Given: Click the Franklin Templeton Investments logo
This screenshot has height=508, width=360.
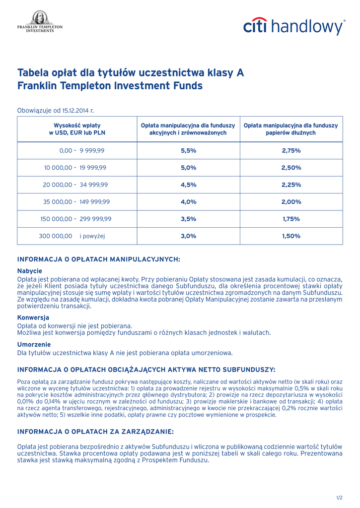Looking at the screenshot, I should pos(40,22).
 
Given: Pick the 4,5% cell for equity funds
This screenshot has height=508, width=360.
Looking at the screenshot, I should pos(188,185).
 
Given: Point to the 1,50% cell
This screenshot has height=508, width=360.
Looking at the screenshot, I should pos(291,236).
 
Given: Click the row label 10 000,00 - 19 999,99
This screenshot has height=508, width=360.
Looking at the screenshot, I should pos(75,168).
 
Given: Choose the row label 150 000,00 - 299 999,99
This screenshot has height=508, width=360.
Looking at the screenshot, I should pos(75,219).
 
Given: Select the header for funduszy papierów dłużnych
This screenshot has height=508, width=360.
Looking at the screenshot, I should pos(290,129).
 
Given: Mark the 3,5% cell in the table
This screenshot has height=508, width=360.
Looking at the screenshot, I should pos(188,219).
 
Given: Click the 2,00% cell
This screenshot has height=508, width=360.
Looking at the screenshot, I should pos(291,202).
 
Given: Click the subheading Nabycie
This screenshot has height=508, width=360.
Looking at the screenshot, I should pos(30,271).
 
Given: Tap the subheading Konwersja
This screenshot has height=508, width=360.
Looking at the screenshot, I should pos(33,317).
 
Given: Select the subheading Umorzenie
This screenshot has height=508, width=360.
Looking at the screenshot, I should pos(34,344).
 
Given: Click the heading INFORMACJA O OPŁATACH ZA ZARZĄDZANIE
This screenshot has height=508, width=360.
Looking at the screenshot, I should pos(95,432).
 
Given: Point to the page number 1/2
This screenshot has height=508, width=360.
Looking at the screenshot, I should pos(339,497).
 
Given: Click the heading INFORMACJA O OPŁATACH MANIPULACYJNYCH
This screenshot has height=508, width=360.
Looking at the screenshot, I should pos(98,259).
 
